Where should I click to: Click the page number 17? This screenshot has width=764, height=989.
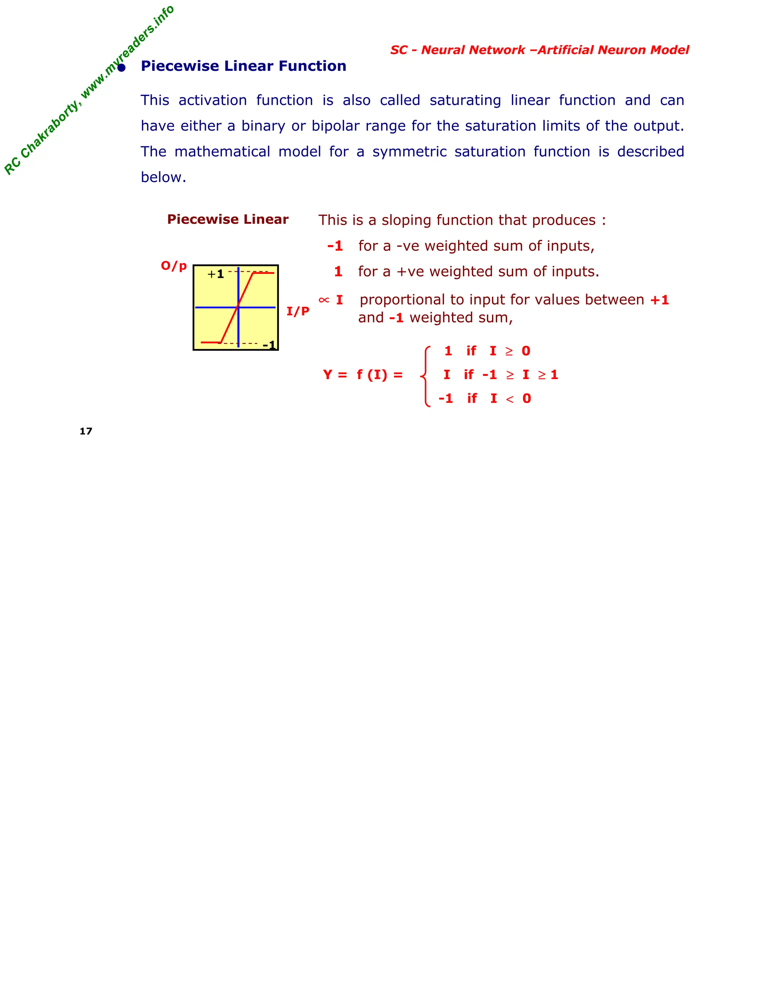(85, 431)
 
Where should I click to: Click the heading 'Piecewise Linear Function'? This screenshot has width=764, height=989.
(244, 66)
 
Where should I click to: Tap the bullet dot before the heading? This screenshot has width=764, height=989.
(121, 68)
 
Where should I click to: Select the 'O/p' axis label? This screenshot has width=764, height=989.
(174, 265)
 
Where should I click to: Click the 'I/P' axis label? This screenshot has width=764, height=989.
(298, 311)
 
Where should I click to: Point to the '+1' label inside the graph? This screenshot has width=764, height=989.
(216, 274)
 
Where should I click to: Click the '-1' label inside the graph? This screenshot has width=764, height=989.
(269, 345)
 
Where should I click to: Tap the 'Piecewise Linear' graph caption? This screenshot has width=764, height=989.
(228, 219)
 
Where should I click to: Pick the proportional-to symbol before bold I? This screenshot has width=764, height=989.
(323, 300)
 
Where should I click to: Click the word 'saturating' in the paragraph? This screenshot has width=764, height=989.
(465, 100)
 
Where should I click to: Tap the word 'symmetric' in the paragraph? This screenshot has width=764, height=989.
(409, 151)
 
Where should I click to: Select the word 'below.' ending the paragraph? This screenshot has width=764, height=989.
(163, 177)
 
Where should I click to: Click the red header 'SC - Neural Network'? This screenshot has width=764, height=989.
(457, 50)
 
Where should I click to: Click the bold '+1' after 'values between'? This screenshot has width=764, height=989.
(659, 300)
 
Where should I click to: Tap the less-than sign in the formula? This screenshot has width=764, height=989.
(510, 399)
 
